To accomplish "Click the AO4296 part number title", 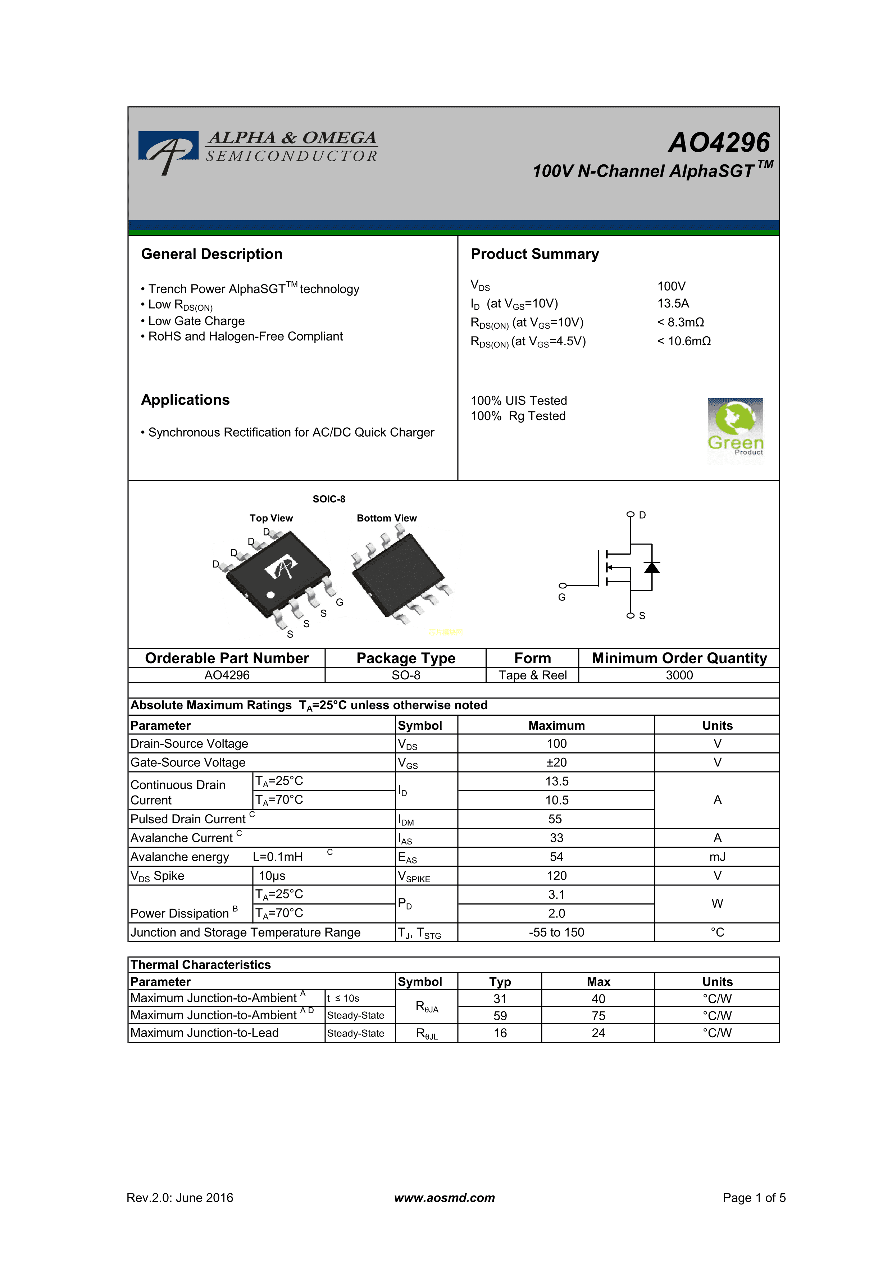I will click(719, 143).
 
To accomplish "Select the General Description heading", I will click(211, 254).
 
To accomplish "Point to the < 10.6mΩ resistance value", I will click(684, 341).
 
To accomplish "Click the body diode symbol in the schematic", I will click(652, 567).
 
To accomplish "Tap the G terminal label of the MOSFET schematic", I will click(562, 597).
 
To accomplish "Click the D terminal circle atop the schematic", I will click(631, 514).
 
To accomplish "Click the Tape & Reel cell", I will click(532, 675).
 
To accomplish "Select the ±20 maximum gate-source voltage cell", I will click(556, 762).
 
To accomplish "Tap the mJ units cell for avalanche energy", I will click(717, 857).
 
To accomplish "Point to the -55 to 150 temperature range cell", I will click(556, 933).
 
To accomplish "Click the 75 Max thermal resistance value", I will click(598, 1016).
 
